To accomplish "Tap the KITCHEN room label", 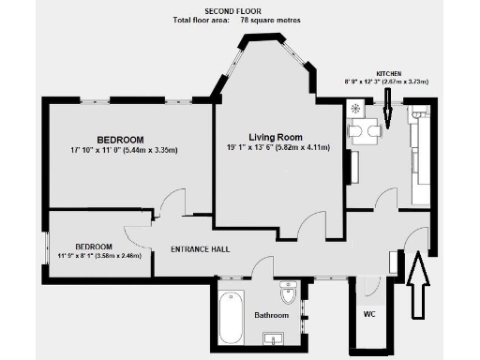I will [x=391, y=72].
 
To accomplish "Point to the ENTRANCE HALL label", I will [x=200, y=249].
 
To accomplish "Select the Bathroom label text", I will [x=272, y=315].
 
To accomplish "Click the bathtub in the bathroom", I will [x=229, y=318].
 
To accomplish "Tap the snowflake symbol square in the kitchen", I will [x=356, y=108].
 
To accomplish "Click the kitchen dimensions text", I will [x=390, y=82].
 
